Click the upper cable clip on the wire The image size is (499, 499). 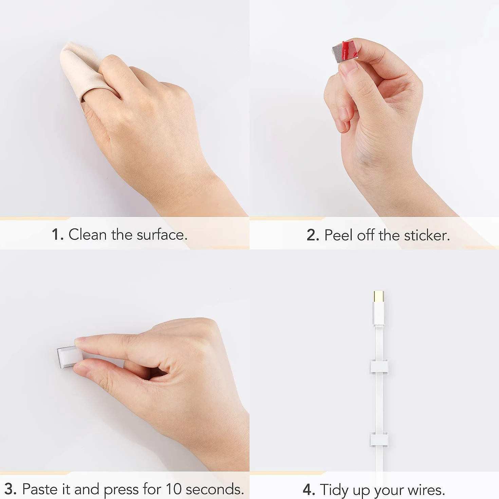(x=379, y=367)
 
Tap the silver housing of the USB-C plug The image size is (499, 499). (x=379, y=314)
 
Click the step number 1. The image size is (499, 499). (x=57, y=235)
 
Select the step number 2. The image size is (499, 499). (x=313, y=235)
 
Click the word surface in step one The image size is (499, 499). (x=162, y=234)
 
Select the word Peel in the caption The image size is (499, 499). (x=339, y=235)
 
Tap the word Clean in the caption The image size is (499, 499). (x=88, y=235)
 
